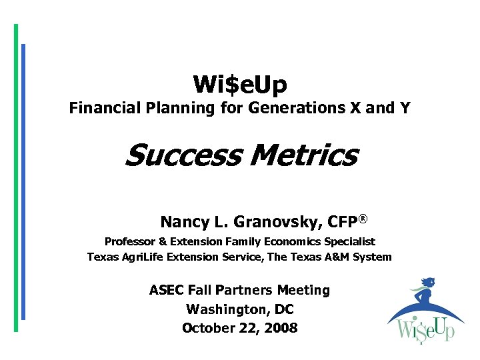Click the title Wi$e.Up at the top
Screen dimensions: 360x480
[x=240, y=85]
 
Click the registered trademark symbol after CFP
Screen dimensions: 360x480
[x=364, y=218]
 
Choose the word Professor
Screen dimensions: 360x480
[x=129, y=241]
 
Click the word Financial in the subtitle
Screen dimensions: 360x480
[x=101, y=108]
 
